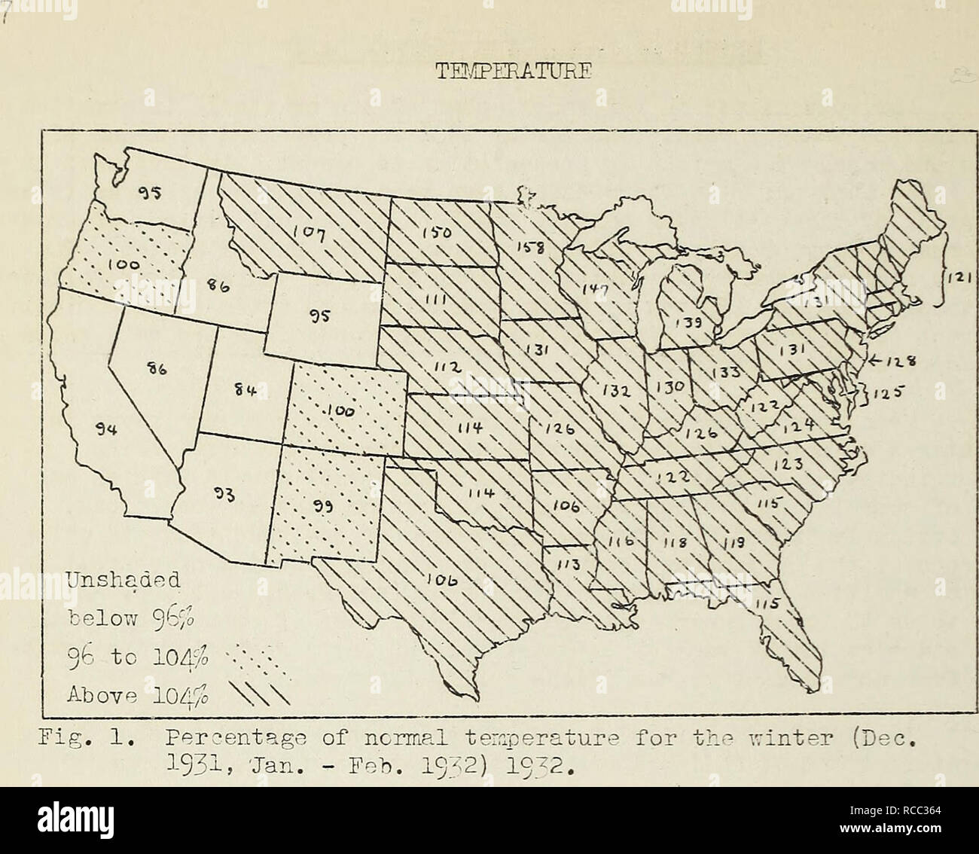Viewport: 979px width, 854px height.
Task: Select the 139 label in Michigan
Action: click(x=684, y=323)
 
